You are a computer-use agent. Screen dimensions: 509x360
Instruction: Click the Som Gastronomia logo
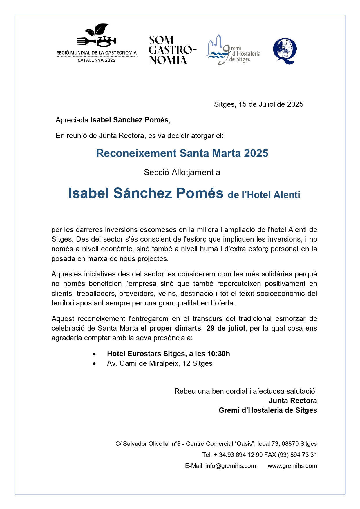click(172, 50)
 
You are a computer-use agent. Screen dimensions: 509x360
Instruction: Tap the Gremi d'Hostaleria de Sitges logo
click(233, 50)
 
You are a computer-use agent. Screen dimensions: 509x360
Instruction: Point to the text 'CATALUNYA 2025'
click(96, 60)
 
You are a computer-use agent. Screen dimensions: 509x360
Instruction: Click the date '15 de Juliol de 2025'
click(271, 104)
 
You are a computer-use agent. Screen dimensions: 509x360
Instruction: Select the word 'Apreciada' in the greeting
click(72, 120)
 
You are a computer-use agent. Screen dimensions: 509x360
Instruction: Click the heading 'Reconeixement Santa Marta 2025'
click(182, 153)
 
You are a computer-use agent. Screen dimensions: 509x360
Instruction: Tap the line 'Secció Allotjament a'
click(182, 173)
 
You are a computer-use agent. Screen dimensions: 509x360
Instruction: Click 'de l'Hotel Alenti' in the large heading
click(264, 195)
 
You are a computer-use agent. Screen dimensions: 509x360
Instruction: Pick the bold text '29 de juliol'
click(226, 328)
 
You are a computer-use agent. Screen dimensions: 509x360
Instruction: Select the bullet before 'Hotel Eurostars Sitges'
click(94, 354)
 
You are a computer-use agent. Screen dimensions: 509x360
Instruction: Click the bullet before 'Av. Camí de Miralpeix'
click(94, 364)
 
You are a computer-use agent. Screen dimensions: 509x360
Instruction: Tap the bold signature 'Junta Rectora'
click(292, 401)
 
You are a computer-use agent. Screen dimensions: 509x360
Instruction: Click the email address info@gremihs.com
click(231, 466)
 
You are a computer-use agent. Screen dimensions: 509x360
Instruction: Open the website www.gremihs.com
click(292, 466)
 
